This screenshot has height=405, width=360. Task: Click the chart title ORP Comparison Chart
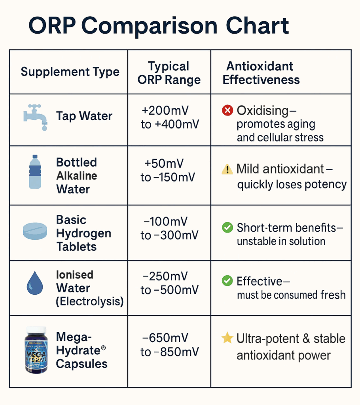(x=159, y=26)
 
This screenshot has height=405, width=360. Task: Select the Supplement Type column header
(x=70, y=72)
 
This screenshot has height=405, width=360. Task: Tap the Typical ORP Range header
(x=169, y=73)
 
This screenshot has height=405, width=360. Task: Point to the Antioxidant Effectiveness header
(x=261, y=73)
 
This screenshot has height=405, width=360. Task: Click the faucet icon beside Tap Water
(x=35, y=117)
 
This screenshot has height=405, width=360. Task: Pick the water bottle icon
(x=35, y=172)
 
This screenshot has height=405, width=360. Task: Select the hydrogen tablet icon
(x=35, y=232)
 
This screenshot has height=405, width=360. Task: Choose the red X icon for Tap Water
(x=227, y=110)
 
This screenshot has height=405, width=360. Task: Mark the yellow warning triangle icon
(x=227, y=170)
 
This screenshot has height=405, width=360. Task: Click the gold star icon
(x=227, y=338)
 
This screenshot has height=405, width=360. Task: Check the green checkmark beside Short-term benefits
(x=227, y=227)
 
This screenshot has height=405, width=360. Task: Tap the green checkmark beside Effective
(x=227, y=281)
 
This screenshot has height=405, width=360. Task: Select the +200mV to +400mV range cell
(x=170, y=117)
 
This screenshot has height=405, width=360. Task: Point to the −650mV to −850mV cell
(x=170, y=345)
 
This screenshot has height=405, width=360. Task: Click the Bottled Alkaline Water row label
(x=76, y=176)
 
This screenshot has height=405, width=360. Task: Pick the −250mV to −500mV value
(x=170, y=283)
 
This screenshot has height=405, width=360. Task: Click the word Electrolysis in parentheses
(x=90, y=301)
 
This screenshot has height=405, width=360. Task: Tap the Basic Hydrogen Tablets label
(x=83, y=233)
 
